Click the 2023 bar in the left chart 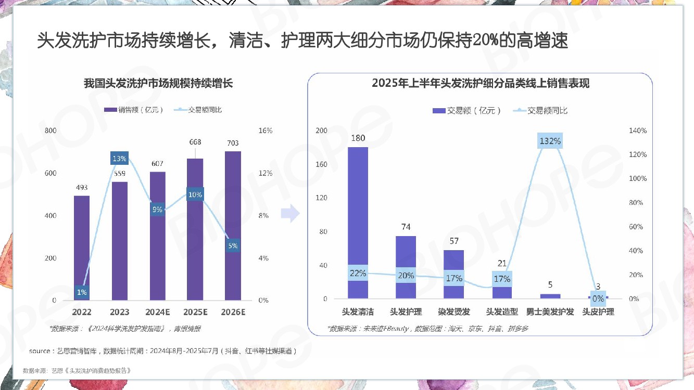click(119, 244)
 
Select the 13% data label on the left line click(119, 159)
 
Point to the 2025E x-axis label click(195, 312)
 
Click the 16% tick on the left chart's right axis click(265, 131)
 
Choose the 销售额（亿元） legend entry click(134, 110)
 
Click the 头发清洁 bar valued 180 click(358, 208)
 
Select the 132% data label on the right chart click(550, 141)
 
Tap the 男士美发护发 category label click(550, 312)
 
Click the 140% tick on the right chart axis click(638, 131)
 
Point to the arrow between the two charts click(290, 213)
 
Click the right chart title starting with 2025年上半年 click(480, 83)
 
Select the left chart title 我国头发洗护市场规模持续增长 click(158, 83)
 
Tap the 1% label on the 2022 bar click(82, 292)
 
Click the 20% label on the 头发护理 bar click(406, 276)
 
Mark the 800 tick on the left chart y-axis click(51, 131)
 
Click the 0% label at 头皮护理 click(598, 298)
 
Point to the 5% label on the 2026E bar click(233, 245)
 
